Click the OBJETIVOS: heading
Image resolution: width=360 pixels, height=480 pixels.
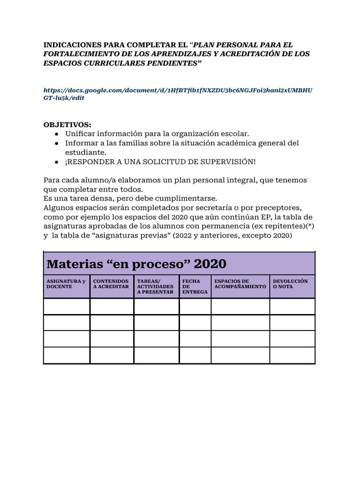click(x=67, y=125)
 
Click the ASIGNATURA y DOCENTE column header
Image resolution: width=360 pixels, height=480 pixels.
click(x=66, y=284)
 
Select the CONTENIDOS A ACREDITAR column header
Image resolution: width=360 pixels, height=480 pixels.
click(x=111, y=284)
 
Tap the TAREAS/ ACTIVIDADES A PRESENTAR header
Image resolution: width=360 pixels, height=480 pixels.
click(x=155, y=286)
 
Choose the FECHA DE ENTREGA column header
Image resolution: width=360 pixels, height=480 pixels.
click(x=192, y=286)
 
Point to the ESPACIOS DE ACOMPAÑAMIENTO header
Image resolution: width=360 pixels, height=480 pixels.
click(x=240, y=284)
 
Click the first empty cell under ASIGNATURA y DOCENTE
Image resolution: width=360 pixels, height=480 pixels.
click(x=67, y=307)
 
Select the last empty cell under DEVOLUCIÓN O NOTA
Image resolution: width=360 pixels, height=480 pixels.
click(x=292, y=355)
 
